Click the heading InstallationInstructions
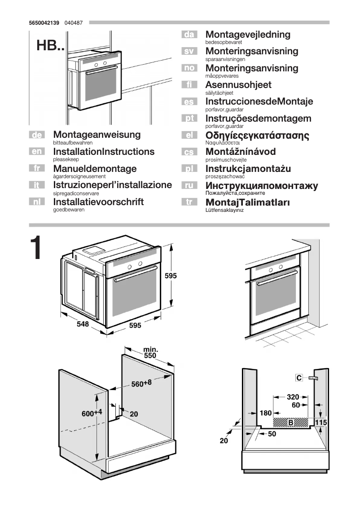click(104, 152)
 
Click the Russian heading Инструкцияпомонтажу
click(262, 186)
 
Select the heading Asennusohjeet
click(238, 85)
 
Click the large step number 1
click(36, 248)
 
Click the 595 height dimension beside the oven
click(171, 276)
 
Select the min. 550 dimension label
click(149, 352)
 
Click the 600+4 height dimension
click(92, 413)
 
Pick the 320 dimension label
click(293, 397)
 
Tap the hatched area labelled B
click(291, 422)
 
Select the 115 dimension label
click(320, 422)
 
